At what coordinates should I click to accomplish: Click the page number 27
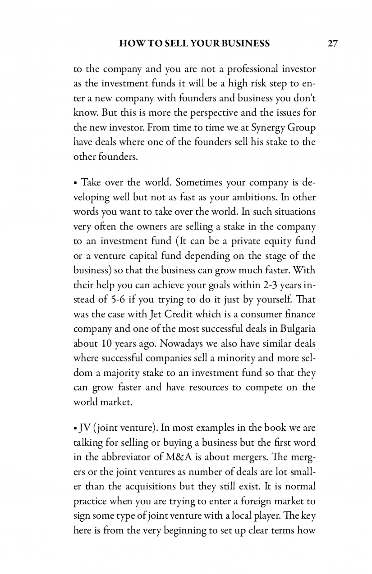[333, 44]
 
